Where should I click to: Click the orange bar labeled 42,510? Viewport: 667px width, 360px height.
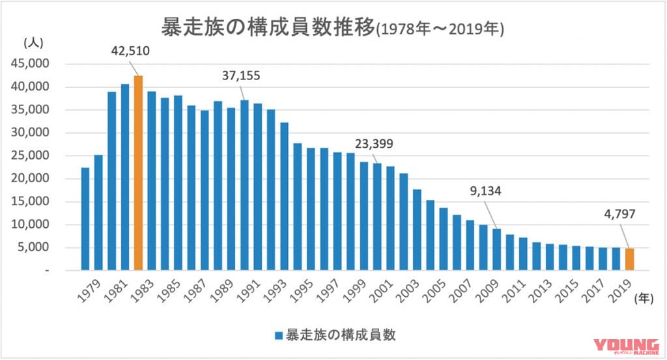point(138,173)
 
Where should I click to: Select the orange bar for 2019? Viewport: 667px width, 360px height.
point(629,259)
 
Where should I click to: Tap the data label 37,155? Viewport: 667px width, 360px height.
point(240,76)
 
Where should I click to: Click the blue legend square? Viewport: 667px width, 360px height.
point(278,336)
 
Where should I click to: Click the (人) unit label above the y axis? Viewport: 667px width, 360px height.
point(33,43)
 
